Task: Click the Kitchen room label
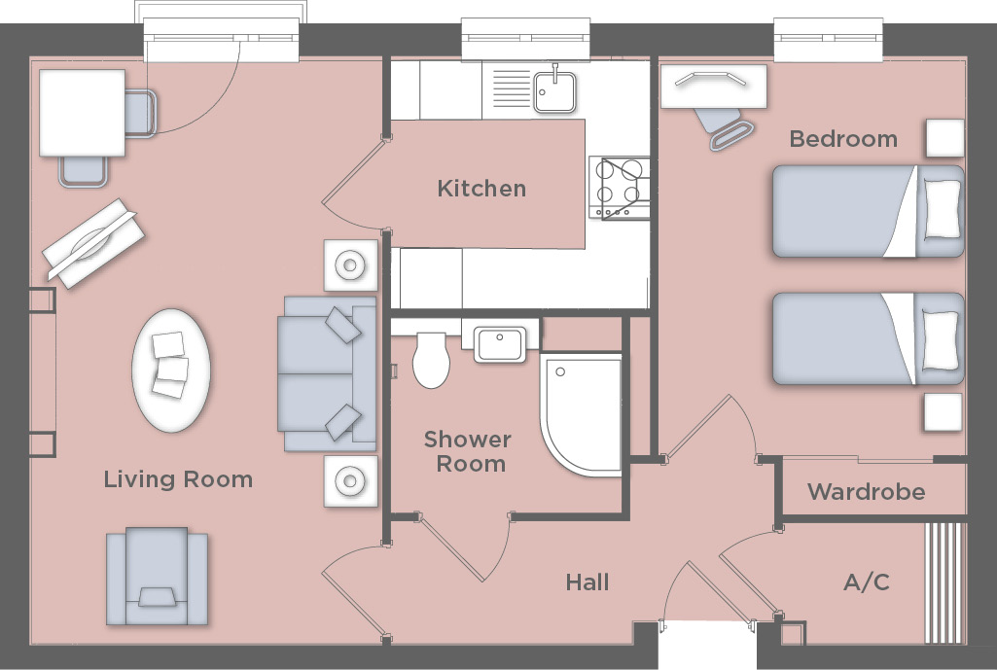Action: [x=481, y=189]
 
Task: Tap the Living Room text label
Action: [x=178, y=479]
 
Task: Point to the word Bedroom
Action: [x=843, y=139]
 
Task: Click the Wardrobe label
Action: [x=866, y=492]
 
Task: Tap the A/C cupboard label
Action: [x=866, y=583]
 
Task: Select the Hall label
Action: [x=588, y=582]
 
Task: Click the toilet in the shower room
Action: [x=431, y=360]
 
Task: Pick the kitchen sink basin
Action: [x=553, y=90]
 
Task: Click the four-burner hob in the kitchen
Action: [x=620, y=187]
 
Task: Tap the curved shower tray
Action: [x=580, y=413]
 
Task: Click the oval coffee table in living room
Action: [x=171, y=370]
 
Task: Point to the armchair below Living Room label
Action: [x=157, y=577]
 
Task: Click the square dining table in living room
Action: [x=82, y=115]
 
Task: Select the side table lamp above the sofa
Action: [x=349, y=264]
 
